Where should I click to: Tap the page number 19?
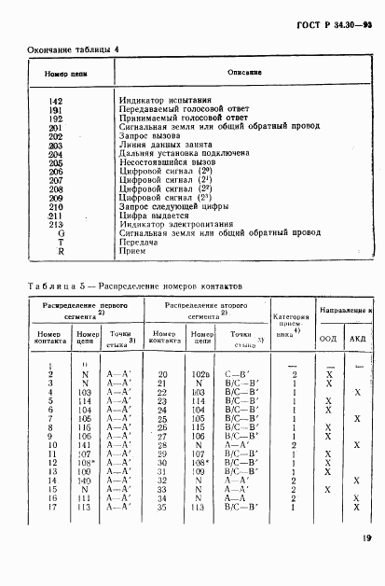coord(362,563)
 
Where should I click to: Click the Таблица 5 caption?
coord(136,286)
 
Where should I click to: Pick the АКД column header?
coord(358,339)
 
